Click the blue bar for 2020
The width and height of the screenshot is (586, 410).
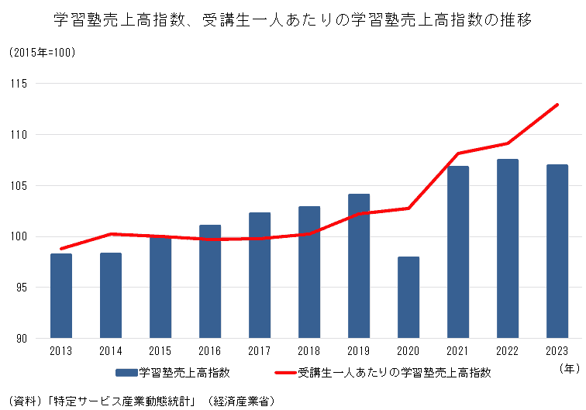[x=408, y=298]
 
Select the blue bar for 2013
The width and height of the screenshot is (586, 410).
[x=61, y=296]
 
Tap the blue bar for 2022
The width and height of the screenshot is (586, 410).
[x=508, y=249]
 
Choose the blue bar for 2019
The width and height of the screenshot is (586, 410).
[x=359, y=266]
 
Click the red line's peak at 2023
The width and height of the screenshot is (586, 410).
[x=557, y=105]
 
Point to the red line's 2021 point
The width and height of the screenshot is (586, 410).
[x=458, y=153]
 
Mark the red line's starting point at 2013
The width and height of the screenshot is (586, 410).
[x=61, y=249]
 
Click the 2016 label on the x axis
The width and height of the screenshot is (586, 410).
[x=210, y=352]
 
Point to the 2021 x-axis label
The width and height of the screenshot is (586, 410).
[x=458, y=352]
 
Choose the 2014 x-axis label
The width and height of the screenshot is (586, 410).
[x=111, y=352]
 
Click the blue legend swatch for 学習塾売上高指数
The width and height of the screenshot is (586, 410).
[x=126, y=373]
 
